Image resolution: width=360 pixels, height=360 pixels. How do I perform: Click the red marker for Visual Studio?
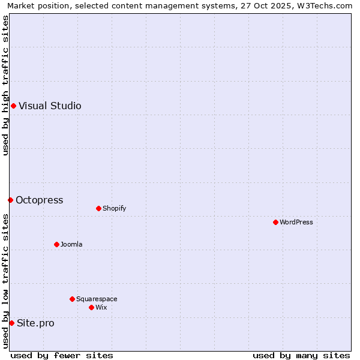coord(13,106)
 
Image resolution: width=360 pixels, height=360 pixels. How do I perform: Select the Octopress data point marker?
coord(10,200)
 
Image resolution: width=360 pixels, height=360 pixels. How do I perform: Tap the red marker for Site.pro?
coord(11,323)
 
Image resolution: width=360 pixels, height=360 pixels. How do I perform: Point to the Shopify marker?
coord(98,209)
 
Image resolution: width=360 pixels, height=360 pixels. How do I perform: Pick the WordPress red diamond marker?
coord(275,223)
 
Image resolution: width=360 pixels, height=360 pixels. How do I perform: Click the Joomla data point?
coord(56,245)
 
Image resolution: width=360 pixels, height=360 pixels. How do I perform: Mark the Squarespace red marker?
coord(72,299)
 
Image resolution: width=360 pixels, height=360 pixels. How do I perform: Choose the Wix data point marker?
coord(91,307)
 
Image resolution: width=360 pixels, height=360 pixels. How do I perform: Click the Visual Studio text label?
coord(50,106)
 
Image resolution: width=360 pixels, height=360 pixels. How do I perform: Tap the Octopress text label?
coord(39,200)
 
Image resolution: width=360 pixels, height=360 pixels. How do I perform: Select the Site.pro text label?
coord(35,323)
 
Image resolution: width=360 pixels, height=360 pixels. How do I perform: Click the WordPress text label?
coord(296,223)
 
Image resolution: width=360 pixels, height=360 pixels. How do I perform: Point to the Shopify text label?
coord(114,209)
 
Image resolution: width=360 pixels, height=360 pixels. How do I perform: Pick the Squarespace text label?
coord(97,299)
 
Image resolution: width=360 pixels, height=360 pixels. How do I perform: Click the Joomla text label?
coord(71,245)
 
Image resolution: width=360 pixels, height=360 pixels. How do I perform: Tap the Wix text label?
coord(101,307)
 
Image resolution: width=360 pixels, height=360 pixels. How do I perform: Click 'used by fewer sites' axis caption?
coord(62,355)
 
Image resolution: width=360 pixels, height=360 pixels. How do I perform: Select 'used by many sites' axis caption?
coord(301,355)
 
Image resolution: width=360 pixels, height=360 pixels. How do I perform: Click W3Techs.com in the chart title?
coord(323,5)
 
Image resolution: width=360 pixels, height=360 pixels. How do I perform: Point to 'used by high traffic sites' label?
coord(5,85)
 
